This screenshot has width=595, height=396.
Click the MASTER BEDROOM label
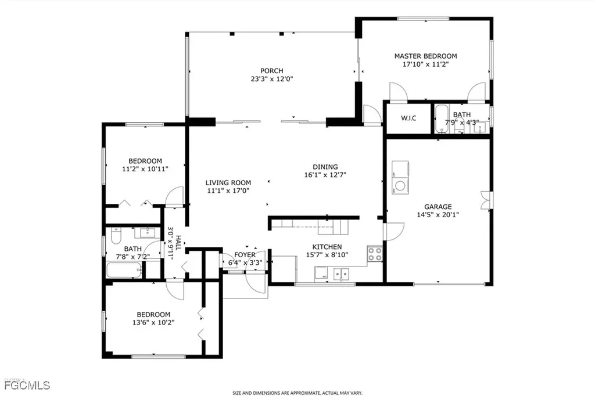[x=425, y=56]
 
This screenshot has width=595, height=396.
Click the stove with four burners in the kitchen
[x=375, y=253]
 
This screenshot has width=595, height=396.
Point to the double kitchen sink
[x=340, y=273]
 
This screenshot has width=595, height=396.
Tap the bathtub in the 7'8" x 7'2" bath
[x=124, y=270]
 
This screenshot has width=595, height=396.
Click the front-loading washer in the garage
[x=400, y=186]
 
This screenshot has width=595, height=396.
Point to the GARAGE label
[x=438, y=206]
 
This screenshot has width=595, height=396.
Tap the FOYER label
[x=245, y=255]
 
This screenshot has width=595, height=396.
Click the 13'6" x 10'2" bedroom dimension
[x=153, y=322]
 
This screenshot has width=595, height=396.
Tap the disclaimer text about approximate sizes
[x=298, y=393]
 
